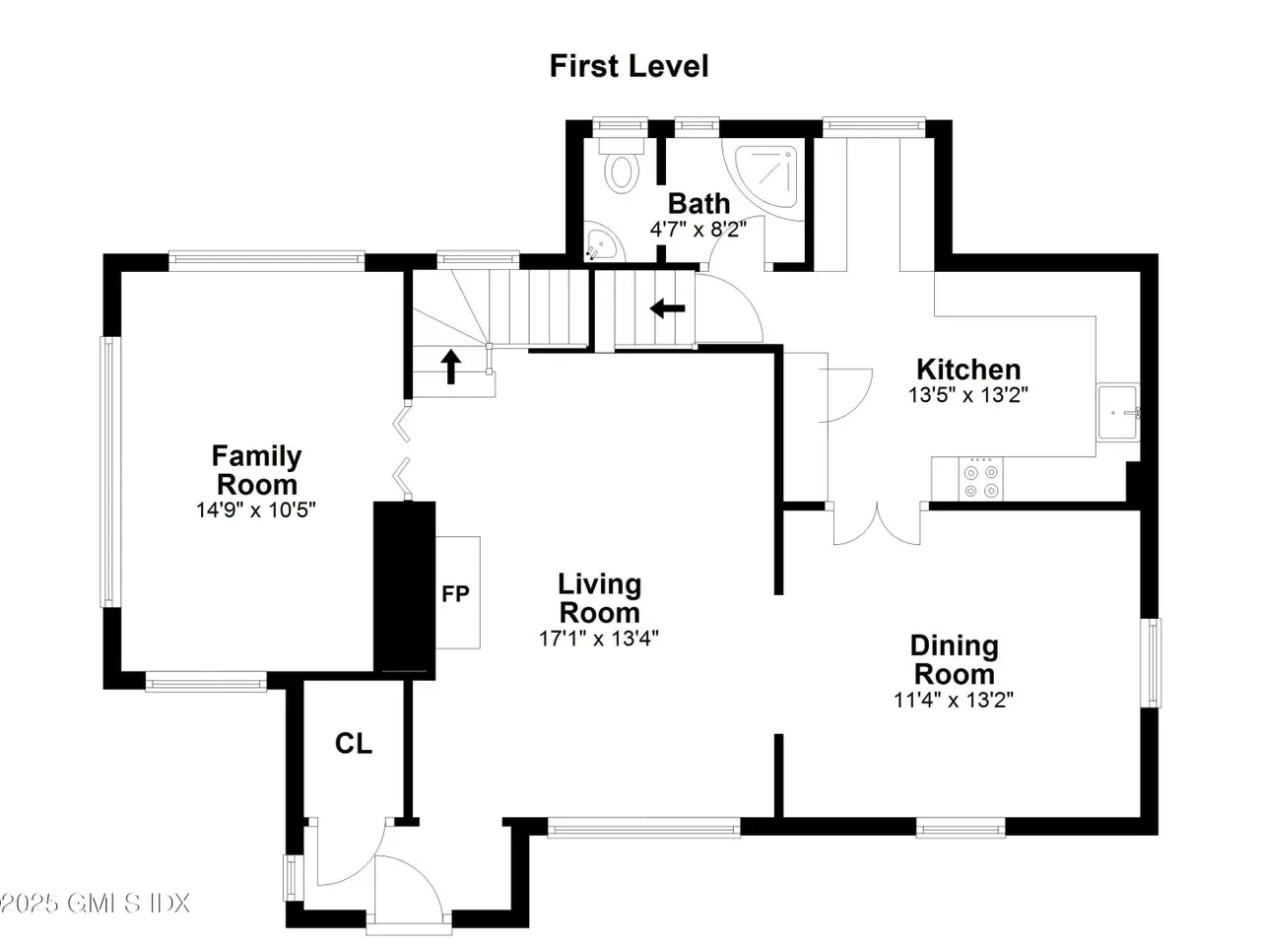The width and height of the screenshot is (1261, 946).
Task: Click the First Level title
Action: [629, 66]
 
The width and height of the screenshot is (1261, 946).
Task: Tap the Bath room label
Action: [698, 203]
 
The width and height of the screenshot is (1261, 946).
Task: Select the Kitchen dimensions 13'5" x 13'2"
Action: [967, 395]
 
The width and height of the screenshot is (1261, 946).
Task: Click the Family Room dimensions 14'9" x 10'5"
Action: [256, 509]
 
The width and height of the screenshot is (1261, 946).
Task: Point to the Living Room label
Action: [599, 598]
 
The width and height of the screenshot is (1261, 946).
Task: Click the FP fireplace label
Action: [455, 593]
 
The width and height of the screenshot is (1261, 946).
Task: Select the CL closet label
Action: [354, 743]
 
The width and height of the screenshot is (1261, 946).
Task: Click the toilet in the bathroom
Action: [621, 166]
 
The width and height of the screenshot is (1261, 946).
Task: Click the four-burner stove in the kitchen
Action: [980, 479]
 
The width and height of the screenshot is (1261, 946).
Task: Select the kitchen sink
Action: [1117, 413]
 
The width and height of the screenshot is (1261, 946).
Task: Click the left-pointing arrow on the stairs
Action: [667, 308]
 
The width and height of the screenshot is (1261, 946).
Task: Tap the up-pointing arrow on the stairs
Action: [451, 367]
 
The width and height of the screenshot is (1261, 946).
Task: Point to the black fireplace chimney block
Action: [405, 590]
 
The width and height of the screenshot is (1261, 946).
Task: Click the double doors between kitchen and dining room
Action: [877, 523]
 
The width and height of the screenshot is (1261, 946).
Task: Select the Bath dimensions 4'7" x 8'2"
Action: [698, 230]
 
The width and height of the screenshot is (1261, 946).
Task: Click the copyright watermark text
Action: [95, 904]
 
